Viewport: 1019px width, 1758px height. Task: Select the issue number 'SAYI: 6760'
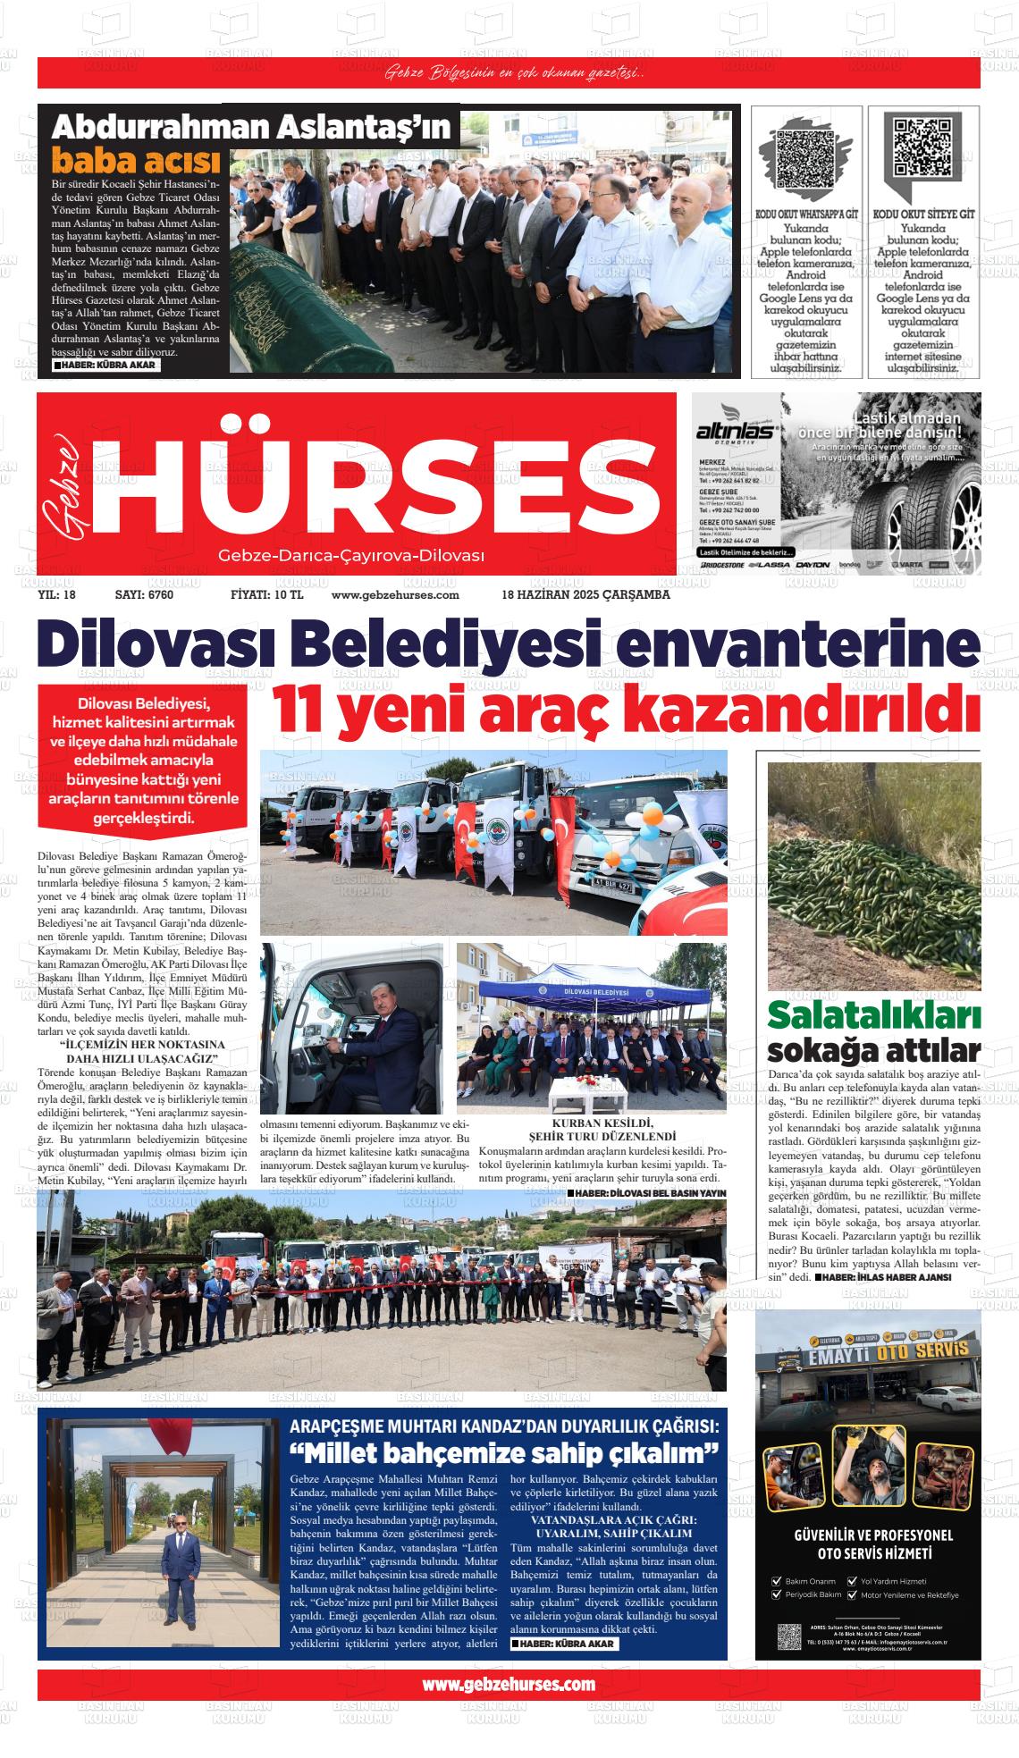tap(144, 595)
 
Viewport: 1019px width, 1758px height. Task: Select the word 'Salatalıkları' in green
tap(873, 1016)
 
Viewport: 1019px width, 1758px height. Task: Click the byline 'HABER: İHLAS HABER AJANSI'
tap(888, 1278)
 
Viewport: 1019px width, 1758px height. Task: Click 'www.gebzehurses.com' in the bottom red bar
tap(509, 1684)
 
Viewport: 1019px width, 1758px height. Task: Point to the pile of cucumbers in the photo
tap(874, 921)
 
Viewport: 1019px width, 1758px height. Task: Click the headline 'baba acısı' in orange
tap(135, 161)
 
